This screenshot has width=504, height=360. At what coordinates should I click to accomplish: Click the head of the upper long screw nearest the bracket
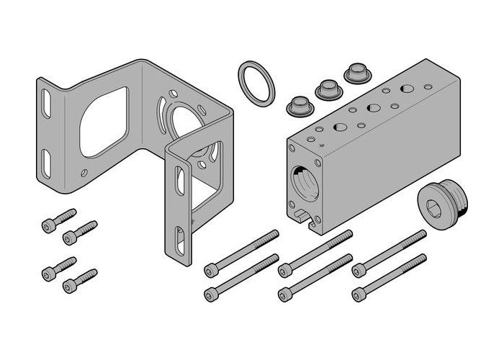(211, 270)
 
